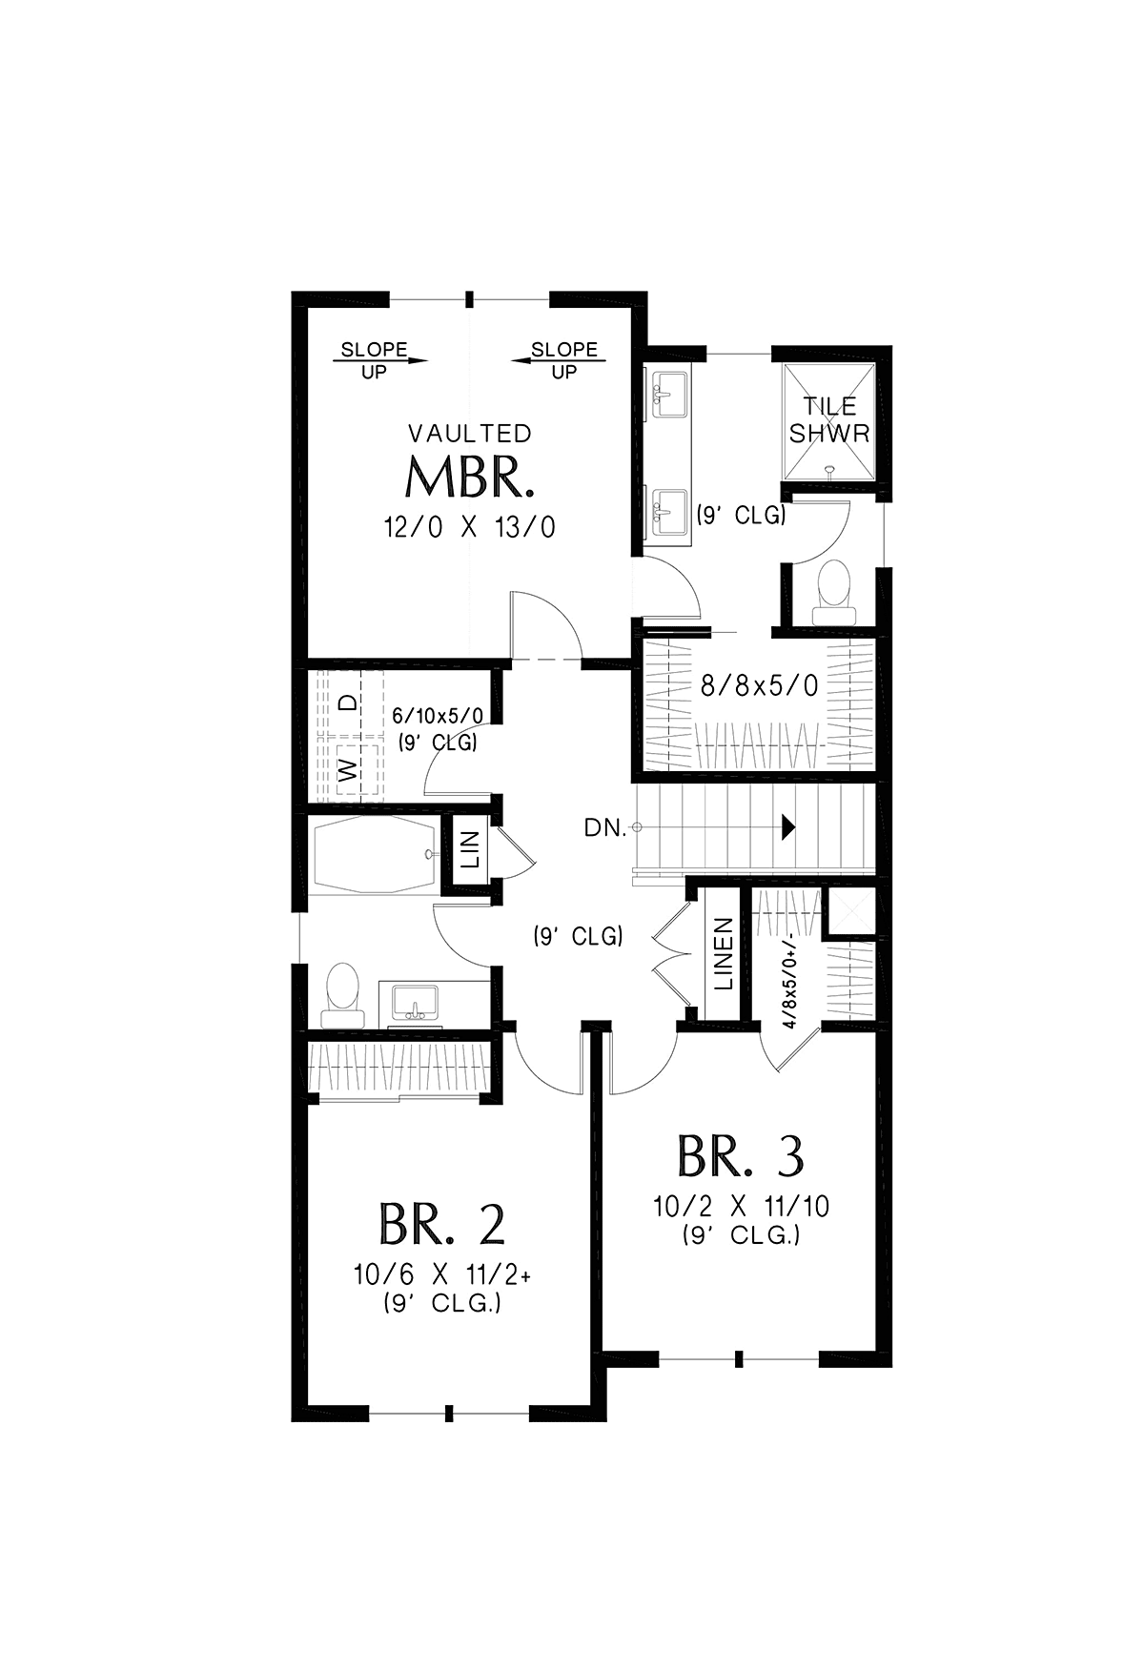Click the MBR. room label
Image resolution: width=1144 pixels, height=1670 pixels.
(469, 478)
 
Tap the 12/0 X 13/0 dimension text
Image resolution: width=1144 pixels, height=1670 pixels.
(469, 527)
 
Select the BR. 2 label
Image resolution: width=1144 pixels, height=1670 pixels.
(441, 1225)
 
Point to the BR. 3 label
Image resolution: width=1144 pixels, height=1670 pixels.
(741, 1155)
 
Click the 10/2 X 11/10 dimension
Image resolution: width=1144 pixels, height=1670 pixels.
(741, 1207)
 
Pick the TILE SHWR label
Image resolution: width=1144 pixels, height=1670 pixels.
(829, 420)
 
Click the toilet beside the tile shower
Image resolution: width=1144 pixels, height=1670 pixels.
(835, 592)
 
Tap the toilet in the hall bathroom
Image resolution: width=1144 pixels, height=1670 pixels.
(341, 995)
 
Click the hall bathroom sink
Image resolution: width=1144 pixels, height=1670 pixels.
(415, 1003)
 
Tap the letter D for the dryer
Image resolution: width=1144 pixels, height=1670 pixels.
(350, 703)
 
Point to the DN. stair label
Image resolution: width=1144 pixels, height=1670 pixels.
(605, 828)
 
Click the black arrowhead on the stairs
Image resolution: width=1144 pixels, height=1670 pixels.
(788, 827)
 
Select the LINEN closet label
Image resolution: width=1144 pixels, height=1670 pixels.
(724, 954)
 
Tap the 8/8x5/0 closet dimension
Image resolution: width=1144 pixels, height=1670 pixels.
(760, 685)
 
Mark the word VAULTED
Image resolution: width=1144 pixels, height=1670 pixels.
(470, 434)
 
